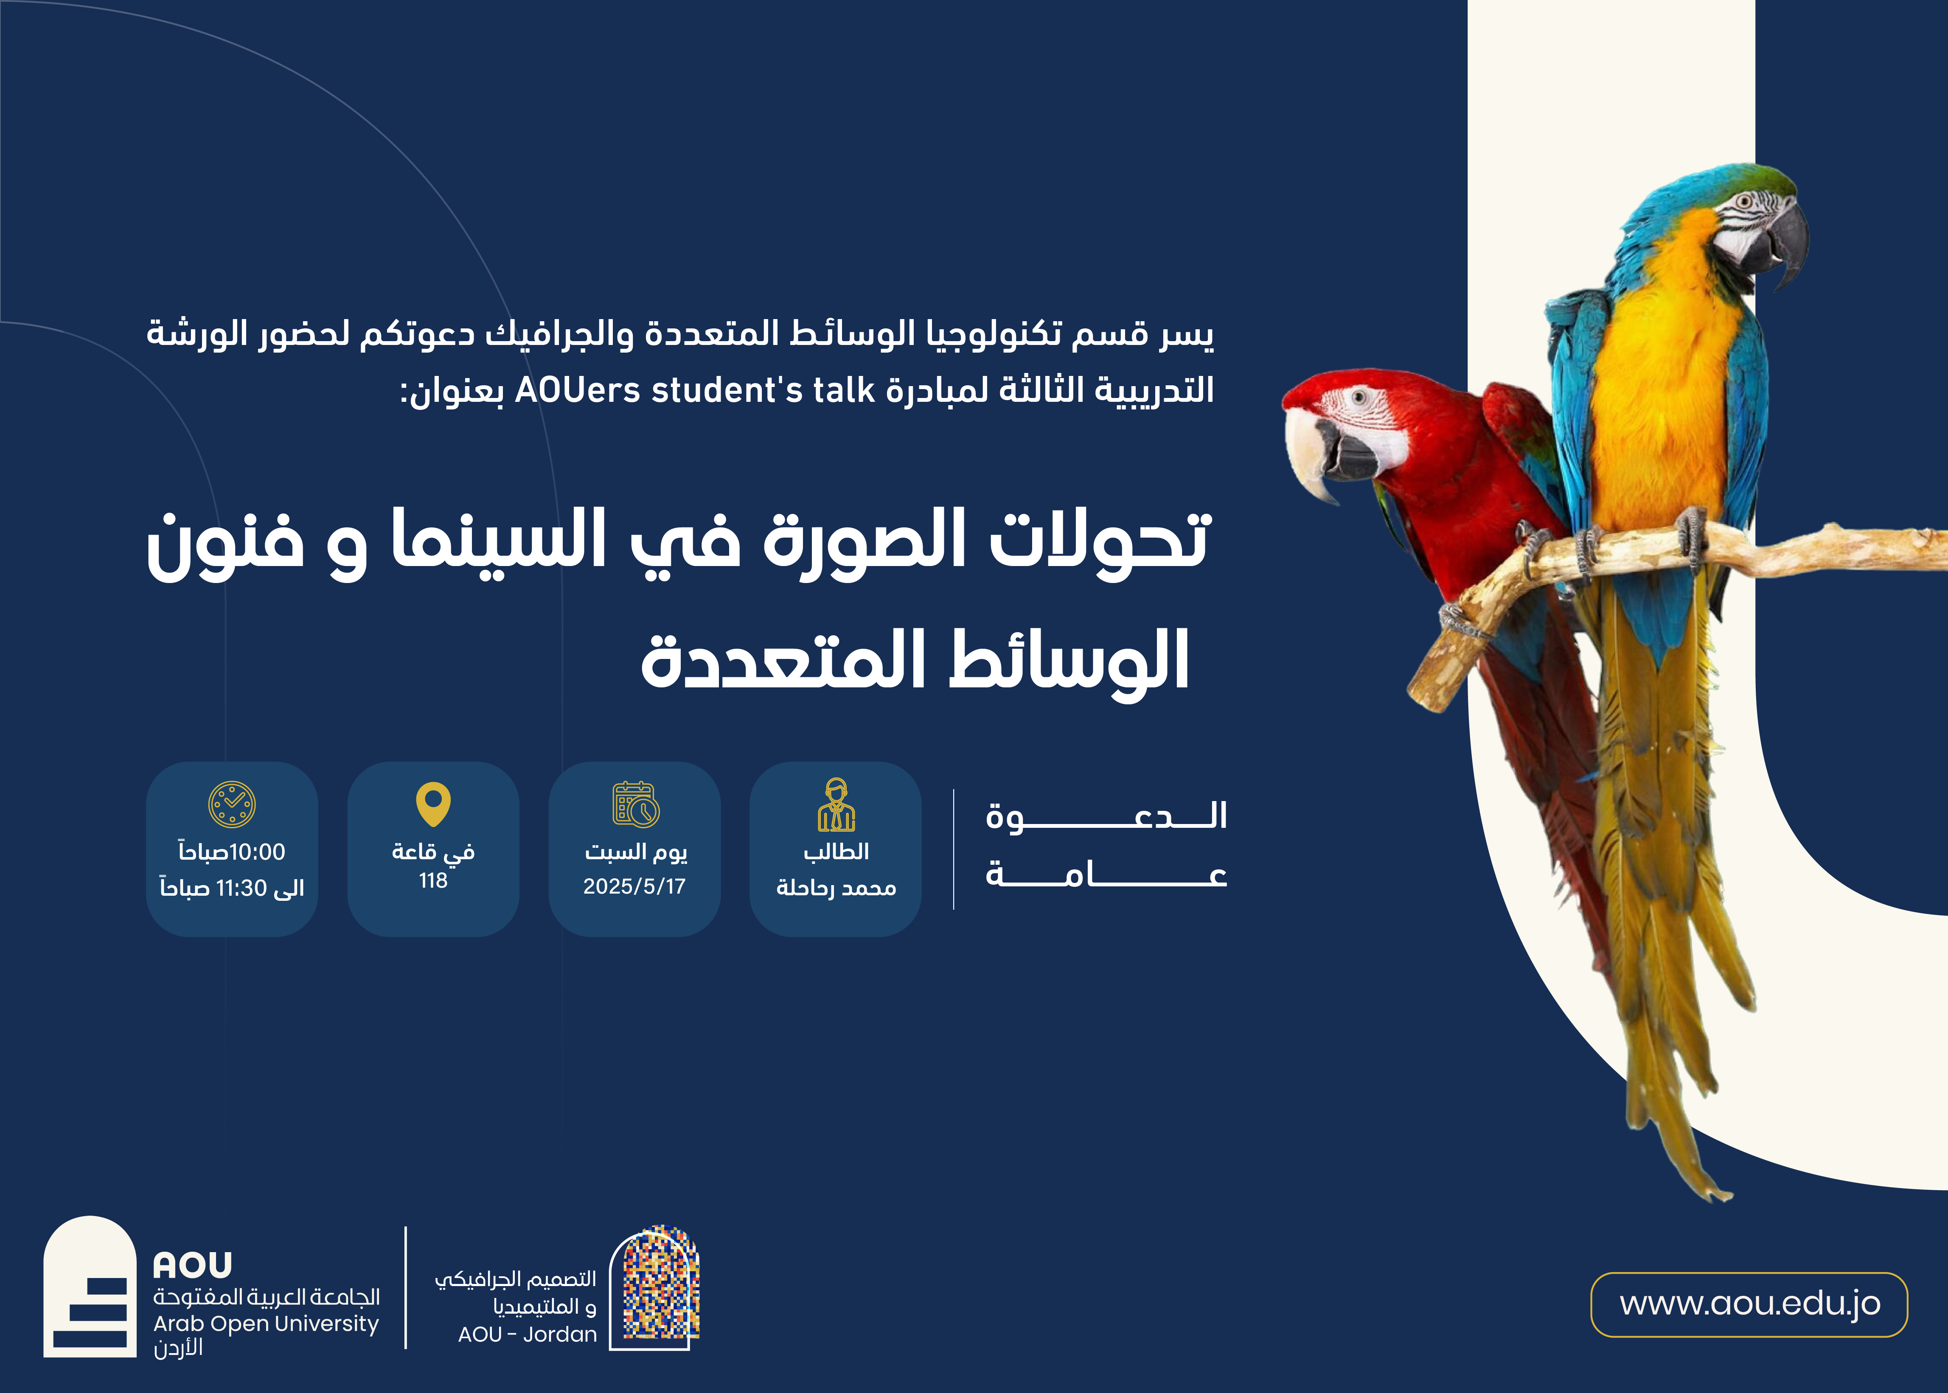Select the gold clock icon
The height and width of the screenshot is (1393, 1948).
[232, 804]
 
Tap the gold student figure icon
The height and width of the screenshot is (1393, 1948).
[836, 804]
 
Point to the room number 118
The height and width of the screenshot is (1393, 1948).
[433, 881]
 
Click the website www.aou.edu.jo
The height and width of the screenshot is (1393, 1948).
[1750, 1304]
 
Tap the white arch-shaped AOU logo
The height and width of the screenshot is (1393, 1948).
[90, 1286]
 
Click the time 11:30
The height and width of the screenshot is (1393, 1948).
[242, 888]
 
